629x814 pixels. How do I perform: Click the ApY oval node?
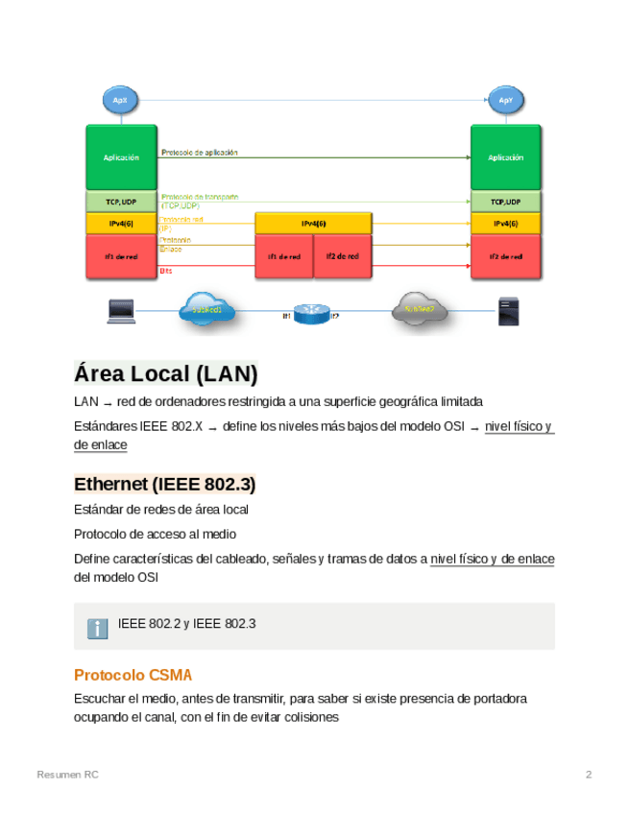click(505, 100)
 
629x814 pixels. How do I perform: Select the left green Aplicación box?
click(121, 156)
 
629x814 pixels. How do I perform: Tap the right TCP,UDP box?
click(506, 202)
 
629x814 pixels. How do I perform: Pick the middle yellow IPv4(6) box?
click(313, 223)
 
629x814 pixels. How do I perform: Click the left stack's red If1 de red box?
click(121, 256)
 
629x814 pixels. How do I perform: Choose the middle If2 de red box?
click(342, 256)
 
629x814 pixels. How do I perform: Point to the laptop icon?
click(121, 311)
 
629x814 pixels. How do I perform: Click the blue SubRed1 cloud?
click(206, 309)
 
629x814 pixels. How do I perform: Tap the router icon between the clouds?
click(310, 314)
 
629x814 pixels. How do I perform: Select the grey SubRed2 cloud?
click(420, 309)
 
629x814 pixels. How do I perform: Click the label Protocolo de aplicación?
click(200, 152)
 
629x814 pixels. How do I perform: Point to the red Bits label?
click(166, 272)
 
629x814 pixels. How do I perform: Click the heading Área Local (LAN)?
click(166, 373)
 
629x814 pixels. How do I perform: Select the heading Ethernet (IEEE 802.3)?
click(164, 483)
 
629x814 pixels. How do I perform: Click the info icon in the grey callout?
click(97, 628)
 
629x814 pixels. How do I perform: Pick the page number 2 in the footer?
click(589, 775)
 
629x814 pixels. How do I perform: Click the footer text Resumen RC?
click(67, 775)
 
